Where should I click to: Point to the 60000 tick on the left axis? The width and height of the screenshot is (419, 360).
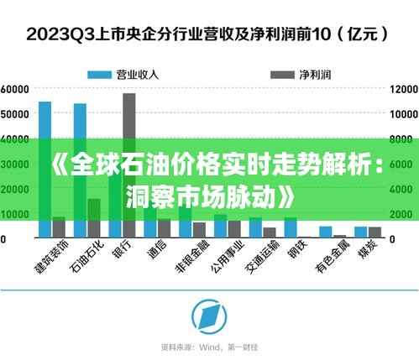tap(15, 88)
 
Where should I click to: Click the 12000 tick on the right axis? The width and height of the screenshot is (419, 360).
tap(402, 88)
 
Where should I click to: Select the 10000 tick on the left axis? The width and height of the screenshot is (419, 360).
tap(15, 214)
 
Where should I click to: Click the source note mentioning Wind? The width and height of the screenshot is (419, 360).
tap(210, 346)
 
